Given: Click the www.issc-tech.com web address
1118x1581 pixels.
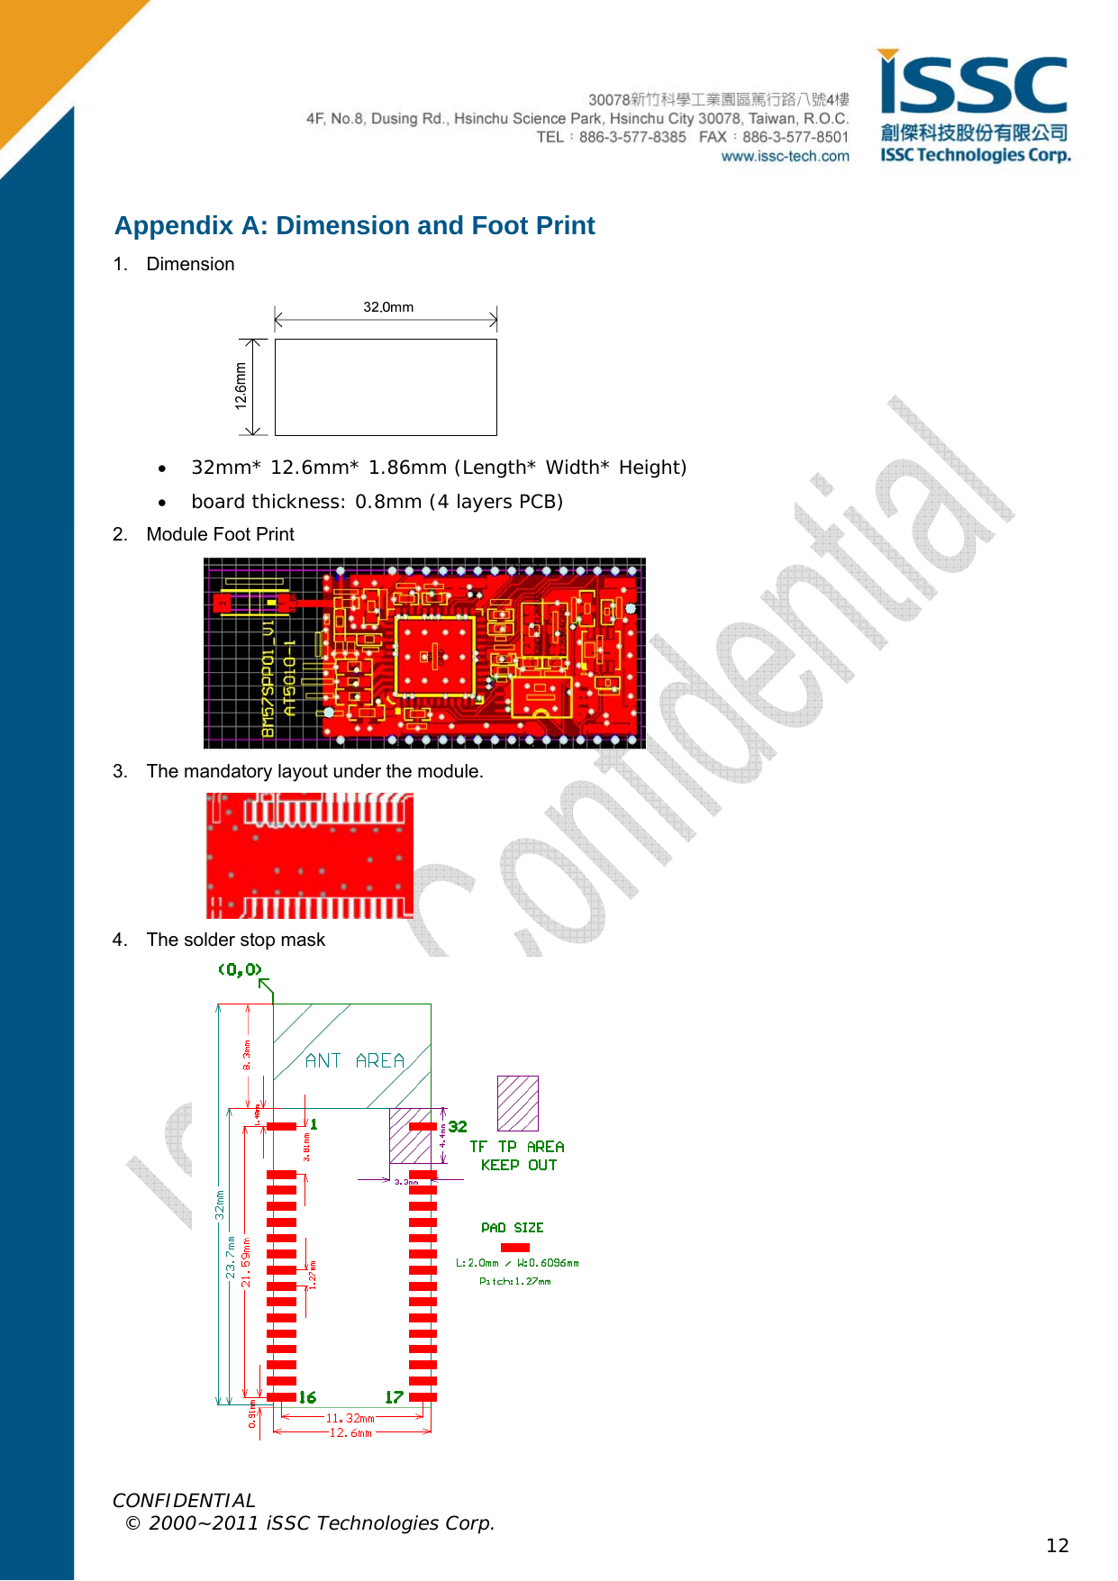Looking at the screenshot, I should point(785,157).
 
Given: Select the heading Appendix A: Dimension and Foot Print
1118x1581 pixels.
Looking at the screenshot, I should point(354,225).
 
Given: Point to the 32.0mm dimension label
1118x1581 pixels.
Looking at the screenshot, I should point(388,307).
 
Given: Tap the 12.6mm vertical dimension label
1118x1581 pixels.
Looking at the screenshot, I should point(241,386).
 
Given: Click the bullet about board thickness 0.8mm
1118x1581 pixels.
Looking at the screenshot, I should point(377,502).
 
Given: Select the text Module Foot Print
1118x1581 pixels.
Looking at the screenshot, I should point(220,534).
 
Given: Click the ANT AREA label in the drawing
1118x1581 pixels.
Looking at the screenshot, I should point(354,1060).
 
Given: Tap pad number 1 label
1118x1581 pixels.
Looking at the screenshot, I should point(314,1124).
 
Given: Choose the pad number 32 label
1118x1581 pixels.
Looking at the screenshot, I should point(458,1127).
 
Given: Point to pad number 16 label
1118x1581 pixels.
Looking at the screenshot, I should point(307,1397).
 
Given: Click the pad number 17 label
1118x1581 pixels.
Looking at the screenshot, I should point(394,1397).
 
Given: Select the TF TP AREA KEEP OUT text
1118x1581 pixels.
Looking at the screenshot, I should point(518,1156).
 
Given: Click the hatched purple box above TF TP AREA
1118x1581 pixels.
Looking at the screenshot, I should point(517,1103).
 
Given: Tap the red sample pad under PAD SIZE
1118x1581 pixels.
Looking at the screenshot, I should point(514,1248).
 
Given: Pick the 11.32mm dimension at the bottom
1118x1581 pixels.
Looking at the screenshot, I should point(350,1418).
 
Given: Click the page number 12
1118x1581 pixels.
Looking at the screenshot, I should point(1057,1546).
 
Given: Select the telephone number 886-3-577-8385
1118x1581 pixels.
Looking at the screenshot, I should point(632,137).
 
